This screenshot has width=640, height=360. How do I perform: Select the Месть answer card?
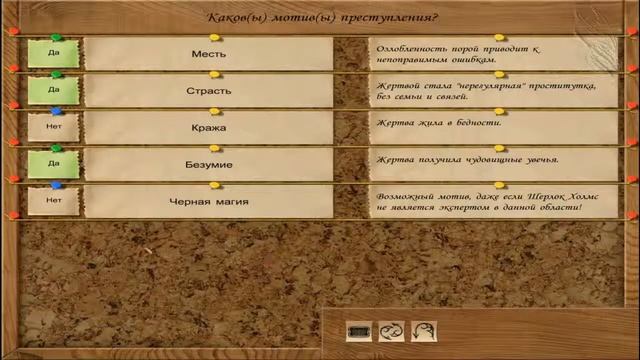coord(208,54)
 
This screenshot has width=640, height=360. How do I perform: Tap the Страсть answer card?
coord(208,91)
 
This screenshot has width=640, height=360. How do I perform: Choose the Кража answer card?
coord(208,128)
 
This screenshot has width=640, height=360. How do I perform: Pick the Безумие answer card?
coord(208,164)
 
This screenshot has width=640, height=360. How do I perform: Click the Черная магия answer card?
coord(208,201)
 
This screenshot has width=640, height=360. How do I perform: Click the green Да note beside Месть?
coord(54,54)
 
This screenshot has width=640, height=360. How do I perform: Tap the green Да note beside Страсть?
coord(54,91)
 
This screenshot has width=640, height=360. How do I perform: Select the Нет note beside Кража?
coord(54,128)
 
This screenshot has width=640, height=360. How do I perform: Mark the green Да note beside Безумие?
coord(54,164)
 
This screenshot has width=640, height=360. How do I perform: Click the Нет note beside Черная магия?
coord(54,201)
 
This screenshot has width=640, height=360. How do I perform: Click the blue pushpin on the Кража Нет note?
coord(56,112)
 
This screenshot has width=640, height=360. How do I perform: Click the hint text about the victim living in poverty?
coord(438,123)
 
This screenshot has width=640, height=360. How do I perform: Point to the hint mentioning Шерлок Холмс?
coord(479,201)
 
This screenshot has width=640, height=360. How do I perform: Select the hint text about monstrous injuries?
coord(467,160)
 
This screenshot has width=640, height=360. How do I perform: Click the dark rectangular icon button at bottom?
coord(359,331)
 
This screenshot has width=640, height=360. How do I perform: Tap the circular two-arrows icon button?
coord(391,331)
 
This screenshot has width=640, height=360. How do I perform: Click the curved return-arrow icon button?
coord(423,331)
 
